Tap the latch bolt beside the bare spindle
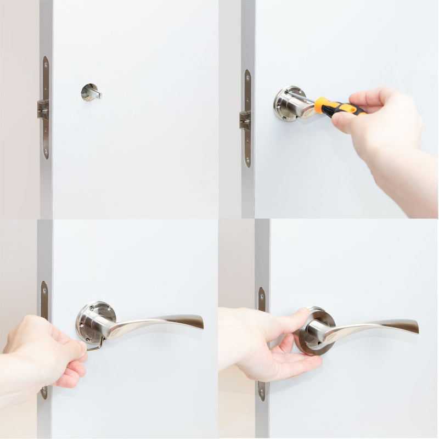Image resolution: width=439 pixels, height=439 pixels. (42, 109)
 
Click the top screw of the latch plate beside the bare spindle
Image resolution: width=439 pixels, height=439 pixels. (46, 62)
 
